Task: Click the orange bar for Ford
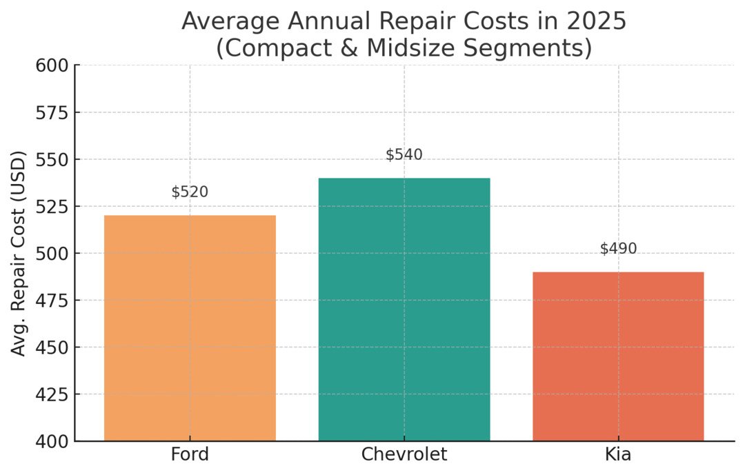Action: coord(190,328)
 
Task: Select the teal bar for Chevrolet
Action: coord(404,310)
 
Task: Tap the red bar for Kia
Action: coord(618,356)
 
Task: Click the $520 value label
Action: coord(190,192)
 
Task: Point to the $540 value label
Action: coord(404,155)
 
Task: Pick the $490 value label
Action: coord(618,249)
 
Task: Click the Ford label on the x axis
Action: coord(190,455)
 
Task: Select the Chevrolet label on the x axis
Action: coord(404,455)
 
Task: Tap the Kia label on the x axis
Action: coord(618,455)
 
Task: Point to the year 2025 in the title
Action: coord(600,21)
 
